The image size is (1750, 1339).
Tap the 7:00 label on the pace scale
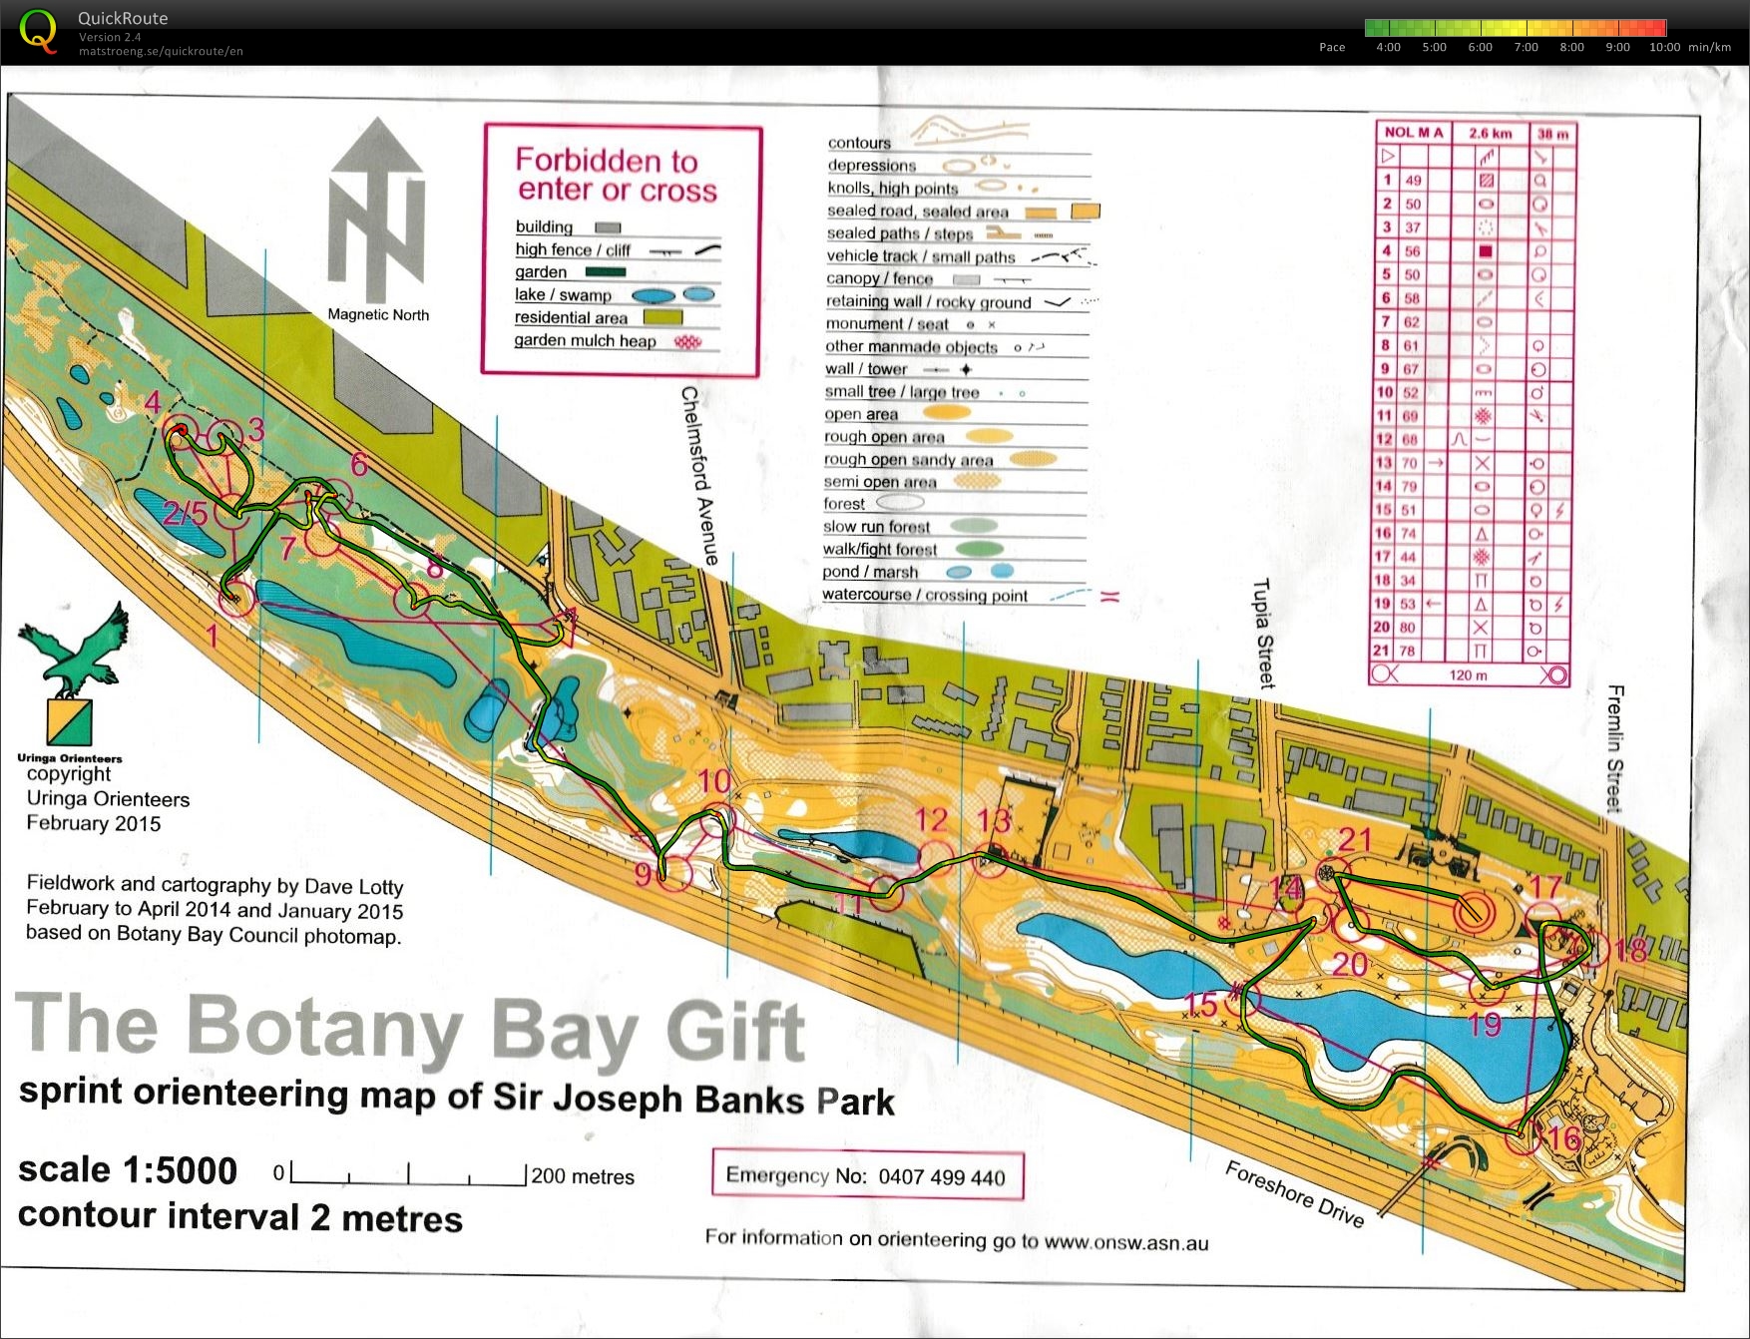[1526, 47]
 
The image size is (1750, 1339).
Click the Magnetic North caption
[378, 314]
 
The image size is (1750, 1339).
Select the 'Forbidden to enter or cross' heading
[616, 175]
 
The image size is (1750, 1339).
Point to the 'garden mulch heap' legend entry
[585, 340]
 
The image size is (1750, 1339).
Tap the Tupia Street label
[1264, 633]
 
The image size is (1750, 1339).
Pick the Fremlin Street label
[1615, 748]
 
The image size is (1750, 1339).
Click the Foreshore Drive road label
[1294, 1193]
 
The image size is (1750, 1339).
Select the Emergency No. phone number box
[867, 1175]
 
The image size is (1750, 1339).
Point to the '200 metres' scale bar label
[583, 1176]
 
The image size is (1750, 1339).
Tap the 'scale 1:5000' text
[128, 1170]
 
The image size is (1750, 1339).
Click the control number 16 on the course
[1563, 1138]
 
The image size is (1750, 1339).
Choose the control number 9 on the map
[643, 874]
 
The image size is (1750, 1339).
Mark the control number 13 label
[994, 821]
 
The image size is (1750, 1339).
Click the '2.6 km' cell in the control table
[1490, 133]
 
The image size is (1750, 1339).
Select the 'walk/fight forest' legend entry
[879, 550]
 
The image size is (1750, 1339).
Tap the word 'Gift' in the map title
[734, 1031]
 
